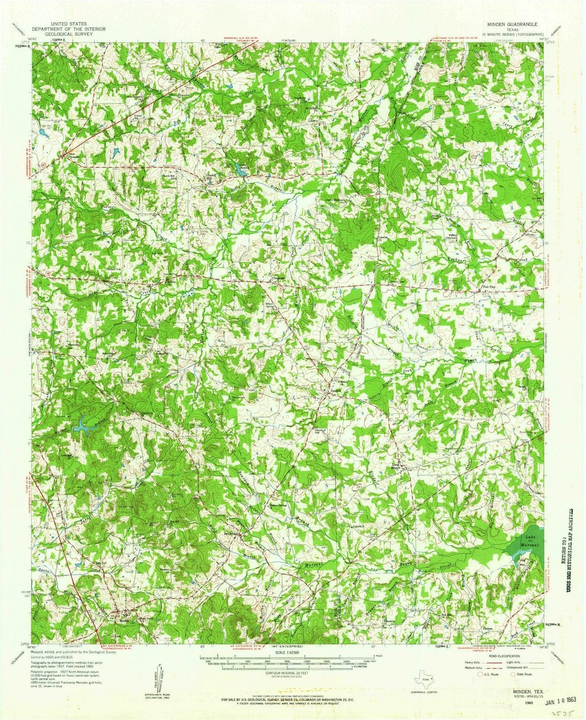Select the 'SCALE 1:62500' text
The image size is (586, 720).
(286, 653)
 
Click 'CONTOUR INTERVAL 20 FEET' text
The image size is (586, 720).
(286, 672)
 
